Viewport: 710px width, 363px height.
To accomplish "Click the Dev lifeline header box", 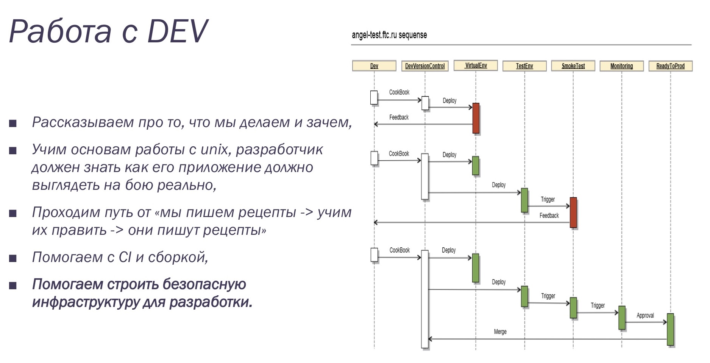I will (374, 66).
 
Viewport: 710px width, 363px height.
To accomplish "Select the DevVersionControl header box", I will (425, 66).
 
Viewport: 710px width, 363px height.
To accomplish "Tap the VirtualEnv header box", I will (476, 65).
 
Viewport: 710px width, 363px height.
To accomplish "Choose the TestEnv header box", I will (524, 66).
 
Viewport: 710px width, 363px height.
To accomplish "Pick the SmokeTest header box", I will (573, 66).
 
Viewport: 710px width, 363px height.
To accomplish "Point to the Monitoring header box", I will (621, 66).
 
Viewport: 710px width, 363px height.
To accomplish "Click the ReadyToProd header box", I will (670, 66).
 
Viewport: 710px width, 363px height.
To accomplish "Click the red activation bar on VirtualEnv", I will (476, 118).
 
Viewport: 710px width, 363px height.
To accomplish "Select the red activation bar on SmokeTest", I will (573, 212).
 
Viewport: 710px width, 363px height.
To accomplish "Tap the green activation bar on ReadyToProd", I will (670, 329).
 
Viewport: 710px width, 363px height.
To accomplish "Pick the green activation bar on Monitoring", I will (622, 318).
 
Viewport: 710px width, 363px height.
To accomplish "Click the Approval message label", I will (645, 315).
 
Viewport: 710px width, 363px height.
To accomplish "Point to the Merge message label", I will (500, 332).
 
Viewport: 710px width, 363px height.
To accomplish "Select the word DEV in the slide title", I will (177, 31).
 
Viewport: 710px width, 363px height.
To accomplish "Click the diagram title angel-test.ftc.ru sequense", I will (389, 35).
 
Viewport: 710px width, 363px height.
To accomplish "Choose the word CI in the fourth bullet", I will (125, 257).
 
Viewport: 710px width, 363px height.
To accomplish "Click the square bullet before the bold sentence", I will (13, 285).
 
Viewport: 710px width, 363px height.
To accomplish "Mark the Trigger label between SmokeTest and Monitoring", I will (598, 306).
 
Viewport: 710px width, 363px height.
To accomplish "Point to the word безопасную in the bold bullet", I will (198, 284).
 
